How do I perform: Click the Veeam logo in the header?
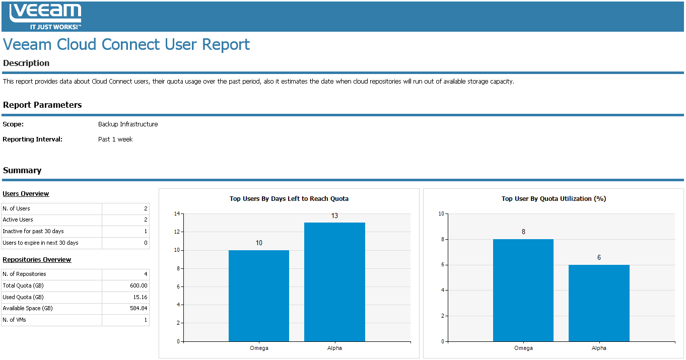click(x=45, y=16)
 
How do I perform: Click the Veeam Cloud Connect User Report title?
click(x=126, y=44)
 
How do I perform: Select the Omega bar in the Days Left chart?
click(x=259, y=296)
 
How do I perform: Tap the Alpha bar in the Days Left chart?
click(x=334, y=282)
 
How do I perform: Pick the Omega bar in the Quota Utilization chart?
click(x=523, y=290)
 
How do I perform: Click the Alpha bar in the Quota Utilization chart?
click(x=599, y=303)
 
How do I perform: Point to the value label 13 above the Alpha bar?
click(x=334, y=216)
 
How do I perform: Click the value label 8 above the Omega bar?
click(x=523, y=232)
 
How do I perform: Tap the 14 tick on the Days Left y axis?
click(x=177, y=213)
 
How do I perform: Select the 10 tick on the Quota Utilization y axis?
click(x=441, y=213)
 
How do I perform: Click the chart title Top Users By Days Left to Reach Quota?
click(x=289, y=199)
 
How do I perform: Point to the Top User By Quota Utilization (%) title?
click(x=554, y=199)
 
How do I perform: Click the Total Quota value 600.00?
click(x=139, y=285)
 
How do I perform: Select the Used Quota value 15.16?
click(x=141, y=297)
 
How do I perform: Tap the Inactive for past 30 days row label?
click(x=33, y=231)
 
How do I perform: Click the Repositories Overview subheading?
click(x=37, y=260)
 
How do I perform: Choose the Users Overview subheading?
click(x=26, y=194)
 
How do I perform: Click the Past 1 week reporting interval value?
click(x=115, y=139)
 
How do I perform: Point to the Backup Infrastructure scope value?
click(x=128, y=124)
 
